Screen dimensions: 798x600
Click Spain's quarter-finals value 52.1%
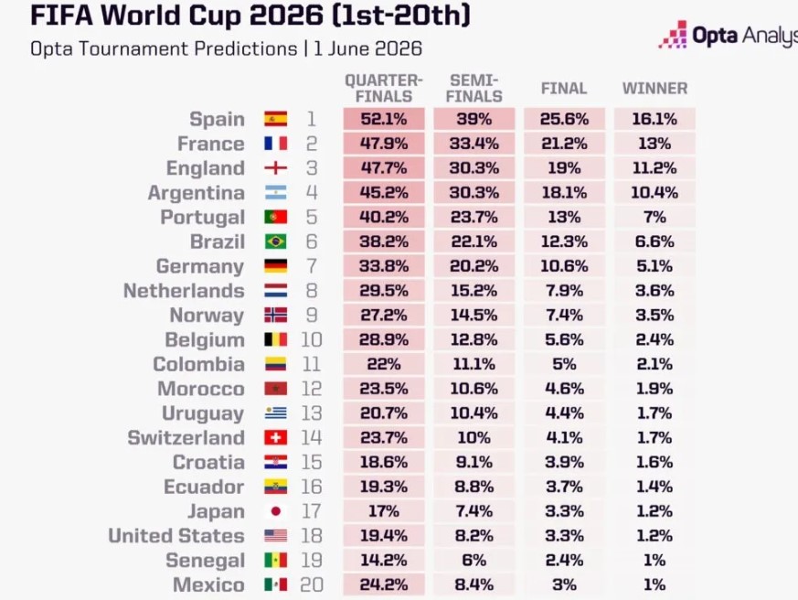point(384,119)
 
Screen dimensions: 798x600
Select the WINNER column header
point(654,88)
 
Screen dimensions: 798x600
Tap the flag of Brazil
point(275,241)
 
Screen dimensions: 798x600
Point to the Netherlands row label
point(184,290)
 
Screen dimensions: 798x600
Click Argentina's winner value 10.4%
point(654,192)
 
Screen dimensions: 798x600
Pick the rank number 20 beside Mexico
point(312,584)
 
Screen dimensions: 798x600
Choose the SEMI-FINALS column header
point(473,88)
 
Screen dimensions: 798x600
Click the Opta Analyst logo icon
point(673,35)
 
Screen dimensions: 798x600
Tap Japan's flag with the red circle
point(275,511)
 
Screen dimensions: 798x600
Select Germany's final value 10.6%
point(564,266)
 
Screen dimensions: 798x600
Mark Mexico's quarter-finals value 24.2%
point(384,584)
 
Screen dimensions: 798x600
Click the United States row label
point(176,535)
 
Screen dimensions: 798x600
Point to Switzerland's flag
point(275,437)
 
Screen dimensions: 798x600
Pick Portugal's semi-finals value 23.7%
point(473,217)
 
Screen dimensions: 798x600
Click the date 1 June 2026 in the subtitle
point(368,48)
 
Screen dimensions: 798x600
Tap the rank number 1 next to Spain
point(312,119)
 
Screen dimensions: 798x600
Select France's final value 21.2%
point(564,143)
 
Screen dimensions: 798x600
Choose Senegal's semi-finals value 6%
point(473,560)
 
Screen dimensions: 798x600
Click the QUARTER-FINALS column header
point(384,88)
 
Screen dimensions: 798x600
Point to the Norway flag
point(275,315)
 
